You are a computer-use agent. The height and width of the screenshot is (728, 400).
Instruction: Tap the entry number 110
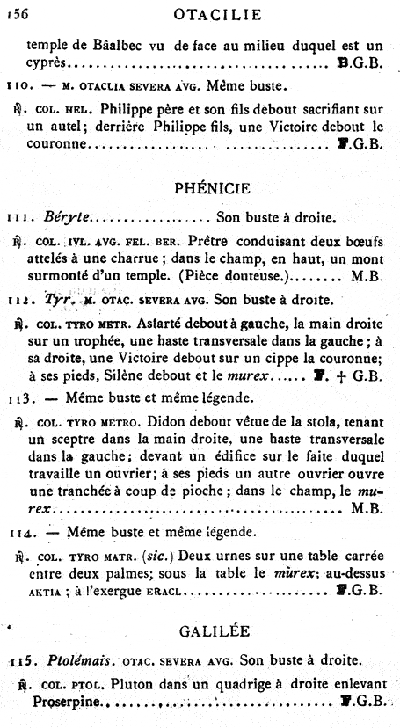(18, 87)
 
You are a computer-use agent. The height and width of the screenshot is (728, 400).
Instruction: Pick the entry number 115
(19, 660)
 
